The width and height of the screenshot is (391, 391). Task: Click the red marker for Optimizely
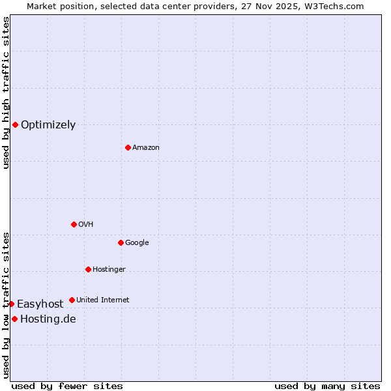tap(15, 124)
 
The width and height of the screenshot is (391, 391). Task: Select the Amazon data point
tap(128, 147)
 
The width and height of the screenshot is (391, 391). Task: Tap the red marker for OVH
tap(74, 224)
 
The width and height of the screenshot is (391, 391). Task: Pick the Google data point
tap(121, 242)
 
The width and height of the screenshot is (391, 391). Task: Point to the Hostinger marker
tap(88, 269)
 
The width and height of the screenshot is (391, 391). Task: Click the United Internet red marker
tap(72, 300)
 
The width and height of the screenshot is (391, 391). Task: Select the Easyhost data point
tap(11, 304)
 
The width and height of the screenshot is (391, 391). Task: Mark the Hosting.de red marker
tap(14, 319)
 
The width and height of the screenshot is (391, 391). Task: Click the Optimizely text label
tap(48, 124)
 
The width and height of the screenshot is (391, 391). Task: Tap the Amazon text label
tap(146, 147)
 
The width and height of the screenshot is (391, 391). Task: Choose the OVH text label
tap(86, 224)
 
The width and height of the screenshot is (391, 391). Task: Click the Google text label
tap(137, 242)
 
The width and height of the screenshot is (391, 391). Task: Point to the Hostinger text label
tap(109, 269)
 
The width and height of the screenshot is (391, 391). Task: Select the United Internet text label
tap(103, 300)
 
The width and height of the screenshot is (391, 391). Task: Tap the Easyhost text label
tap(40, 304)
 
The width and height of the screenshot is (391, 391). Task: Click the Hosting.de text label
tap(48, 319)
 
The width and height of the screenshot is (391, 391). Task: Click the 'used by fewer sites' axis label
tap(67, 386)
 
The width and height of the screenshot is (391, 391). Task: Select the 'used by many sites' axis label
tap(327, 386)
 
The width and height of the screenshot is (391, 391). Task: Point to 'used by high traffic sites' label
tap(6, 93)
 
